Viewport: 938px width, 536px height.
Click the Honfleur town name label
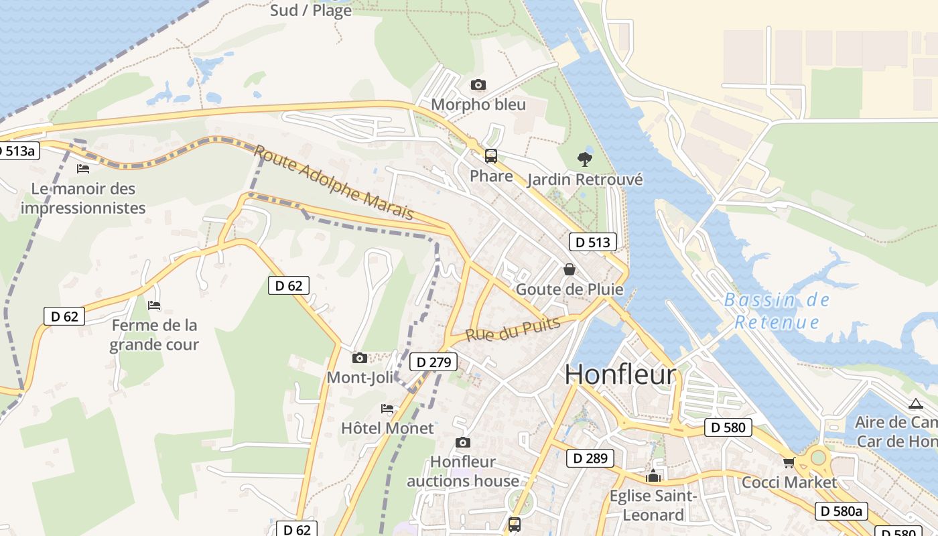[x=620, y=375]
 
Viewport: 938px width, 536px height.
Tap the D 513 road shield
[x=593, y=242]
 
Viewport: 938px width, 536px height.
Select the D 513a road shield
[x=19, y=151]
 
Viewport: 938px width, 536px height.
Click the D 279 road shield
[x=433, y=362]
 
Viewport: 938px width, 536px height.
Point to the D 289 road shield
[x=590, y=458]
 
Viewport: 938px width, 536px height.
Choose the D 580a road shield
[x=842, y=511]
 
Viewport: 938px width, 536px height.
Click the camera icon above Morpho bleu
[x=478, y=84]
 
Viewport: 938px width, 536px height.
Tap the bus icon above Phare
[x=491, y=156]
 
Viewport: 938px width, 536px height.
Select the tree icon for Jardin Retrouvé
[x=585, y=159]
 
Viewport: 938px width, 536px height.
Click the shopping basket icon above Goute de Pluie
[x=569, y=269]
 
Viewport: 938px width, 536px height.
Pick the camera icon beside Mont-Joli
[x=360, y=358]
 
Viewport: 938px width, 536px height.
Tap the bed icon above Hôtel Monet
[x=387, y=408]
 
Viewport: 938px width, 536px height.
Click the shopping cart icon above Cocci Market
[x=789, y=462]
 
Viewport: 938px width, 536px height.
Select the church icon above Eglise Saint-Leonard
[x=653, y=476]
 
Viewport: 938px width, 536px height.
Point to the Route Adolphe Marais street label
[x=334, y=182]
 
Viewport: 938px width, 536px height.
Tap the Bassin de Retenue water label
[x=777, y=311]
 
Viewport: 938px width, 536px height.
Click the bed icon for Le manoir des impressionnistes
[x=83, y=169]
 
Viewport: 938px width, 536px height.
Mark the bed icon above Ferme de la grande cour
[x=154, y=306]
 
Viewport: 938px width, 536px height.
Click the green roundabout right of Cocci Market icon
[x=818, y=459]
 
